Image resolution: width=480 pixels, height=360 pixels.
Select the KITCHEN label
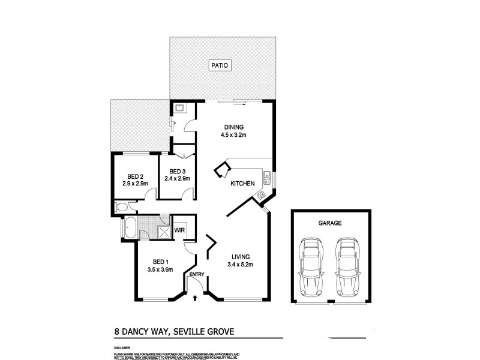point(242,183)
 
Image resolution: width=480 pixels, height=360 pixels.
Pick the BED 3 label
point(179,170)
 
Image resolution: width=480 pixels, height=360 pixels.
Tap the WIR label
point(179,230)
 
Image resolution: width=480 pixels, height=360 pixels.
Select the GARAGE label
point(329,223)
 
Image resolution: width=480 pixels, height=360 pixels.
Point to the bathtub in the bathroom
point(130,227)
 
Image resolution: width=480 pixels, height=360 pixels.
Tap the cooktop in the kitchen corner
point(261,195)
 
